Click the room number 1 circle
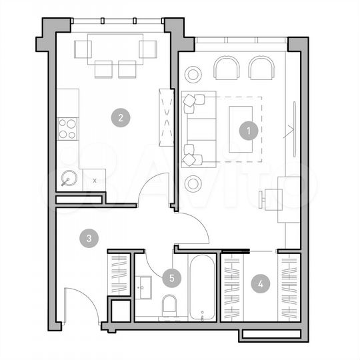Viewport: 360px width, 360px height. (x=248, y=131)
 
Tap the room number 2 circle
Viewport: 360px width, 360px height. (x=120, y=119)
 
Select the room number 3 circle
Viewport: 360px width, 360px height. (x=89, y=237)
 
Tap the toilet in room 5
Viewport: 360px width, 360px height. (x=169, y=306)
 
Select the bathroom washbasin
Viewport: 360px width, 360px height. (x=145, y=287)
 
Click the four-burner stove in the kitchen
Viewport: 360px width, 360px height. (x=67, y=128)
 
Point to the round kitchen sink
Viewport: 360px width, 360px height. (x=69, y=178)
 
